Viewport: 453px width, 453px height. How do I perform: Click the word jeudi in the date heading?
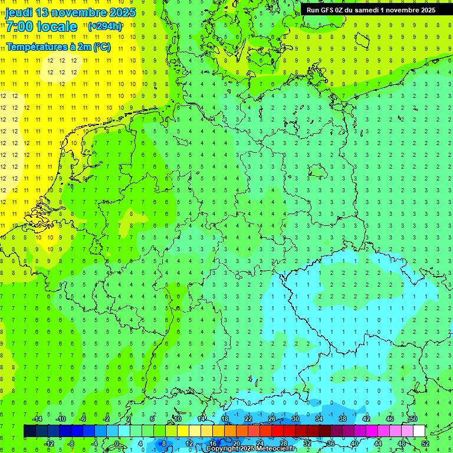click(x=19, y=12)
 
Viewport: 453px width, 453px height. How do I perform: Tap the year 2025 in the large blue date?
click(x=119, y=12)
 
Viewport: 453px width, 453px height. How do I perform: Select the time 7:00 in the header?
click(x=19, y=27)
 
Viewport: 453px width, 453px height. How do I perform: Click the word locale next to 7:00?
click(x=57, y=27)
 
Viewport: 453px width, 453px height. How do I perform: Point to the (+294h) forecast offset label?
click(x=105, y=26)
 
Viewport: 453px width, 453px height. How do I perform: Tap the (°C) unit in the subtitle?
click(x=101, y=46)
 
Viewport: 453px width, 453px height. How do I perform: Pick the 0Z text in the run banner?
click(x=342, y=9)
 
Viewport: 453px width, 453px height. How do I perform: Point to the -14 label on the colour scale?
click(x=37, y=419)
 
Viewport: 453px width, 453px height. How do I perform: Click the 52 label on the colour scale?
click(x=425, y=444)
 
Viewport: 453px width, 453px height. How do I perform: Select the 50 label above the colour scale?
click(x=413, y=419)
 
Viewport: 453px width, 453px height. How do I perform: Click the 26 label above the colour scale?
click(x=272, y=419)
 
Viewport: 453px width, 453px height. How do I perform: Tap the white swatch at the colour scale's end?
click(x=419, y=431)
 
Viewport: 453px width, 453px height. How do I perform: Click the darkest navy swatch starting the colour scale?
click(x=29, y=431)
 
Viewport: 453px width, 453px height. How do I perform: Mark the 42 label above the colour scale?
click(x=366, y=419)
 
